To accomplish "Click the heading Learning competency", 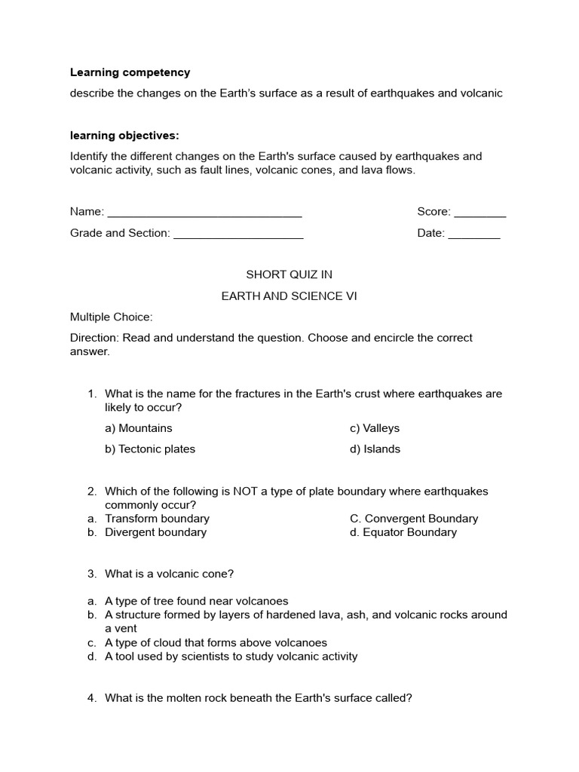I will tap(130, 72).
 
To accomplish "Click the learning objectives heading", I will tap(124, 136).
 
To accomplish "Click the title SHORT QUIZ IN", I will tap(289, 274).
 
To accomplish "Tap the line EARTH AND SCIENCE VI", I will tap(289, 296).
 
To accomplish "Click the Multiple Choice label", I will tap(112, 317).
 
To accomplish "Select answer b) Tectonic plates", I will tap(150, 449).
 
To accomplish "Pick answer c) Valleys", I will tap(375, 428).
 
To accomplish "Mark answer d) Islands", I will tap(375, 449).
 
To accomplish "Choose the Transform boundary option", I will tap(157, 519).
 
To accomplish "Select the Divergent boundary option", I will tap(155, 532).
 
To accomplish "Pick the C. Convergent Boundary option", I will tap(414, 519).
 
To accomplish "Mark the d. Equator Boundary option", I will tap(403, 532).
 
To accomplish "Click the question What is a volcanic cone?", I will tap(170, 574).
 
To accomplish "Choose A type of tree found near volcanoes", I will tap(196, 601).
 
